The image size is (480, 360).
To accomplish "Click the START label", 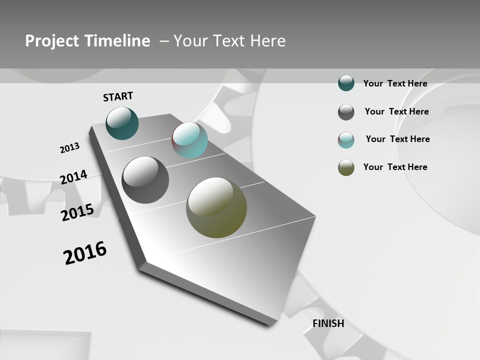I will pyautogui.click(x=118, y=96).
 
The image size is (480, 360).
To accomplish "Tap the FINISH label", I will pyautogui.click(x=328, y=323).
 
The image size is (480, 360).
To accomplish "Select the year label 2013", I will pyautogui.click(x=69, y=148).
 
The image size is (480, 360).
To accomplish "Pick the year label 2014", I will pyautogui.click(x=73, y=177).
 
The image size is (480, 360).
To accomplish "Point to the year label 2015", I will pyautogui.click(x=77, y=212).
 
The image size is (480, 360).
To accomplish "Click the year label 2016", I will pyautogui.click(x=85, y=253).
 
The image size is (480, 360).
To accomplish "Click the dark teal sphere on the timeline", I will pyautogui.click(x=122, y=123).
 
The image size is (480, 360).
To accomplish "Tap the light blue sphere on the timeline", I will pyautogui.click(x=189, y=140).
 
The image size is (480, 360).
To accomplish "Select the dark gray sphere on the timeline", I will pyautogui.click(x=145, y=180).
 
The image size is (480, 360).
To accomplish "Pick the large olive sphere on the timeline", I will pyautogui.click(x=216, y=207).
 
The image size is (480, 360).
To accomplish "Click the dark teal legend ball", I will pyautogui.click(x=346, y=83).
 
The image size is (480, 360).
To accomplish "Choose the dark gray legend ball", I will pyautogui.click(x=346, y=112).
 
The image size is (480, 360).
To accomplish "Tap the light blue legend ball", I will pyautogui.click(x=346, y=140).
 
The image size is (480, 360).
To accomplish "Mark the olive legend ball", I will pyautogui.click(x=346, y=168).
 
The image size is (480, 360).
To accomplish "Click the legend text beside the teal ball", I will pyautogui.click(x=395, y=83).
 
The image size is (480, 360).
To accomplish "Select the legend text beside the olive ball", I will pyautogui.click(x=395, y=167).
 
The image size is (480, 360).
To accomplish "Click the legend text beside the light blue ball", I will pyautogui.click(x=397, y=139).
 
